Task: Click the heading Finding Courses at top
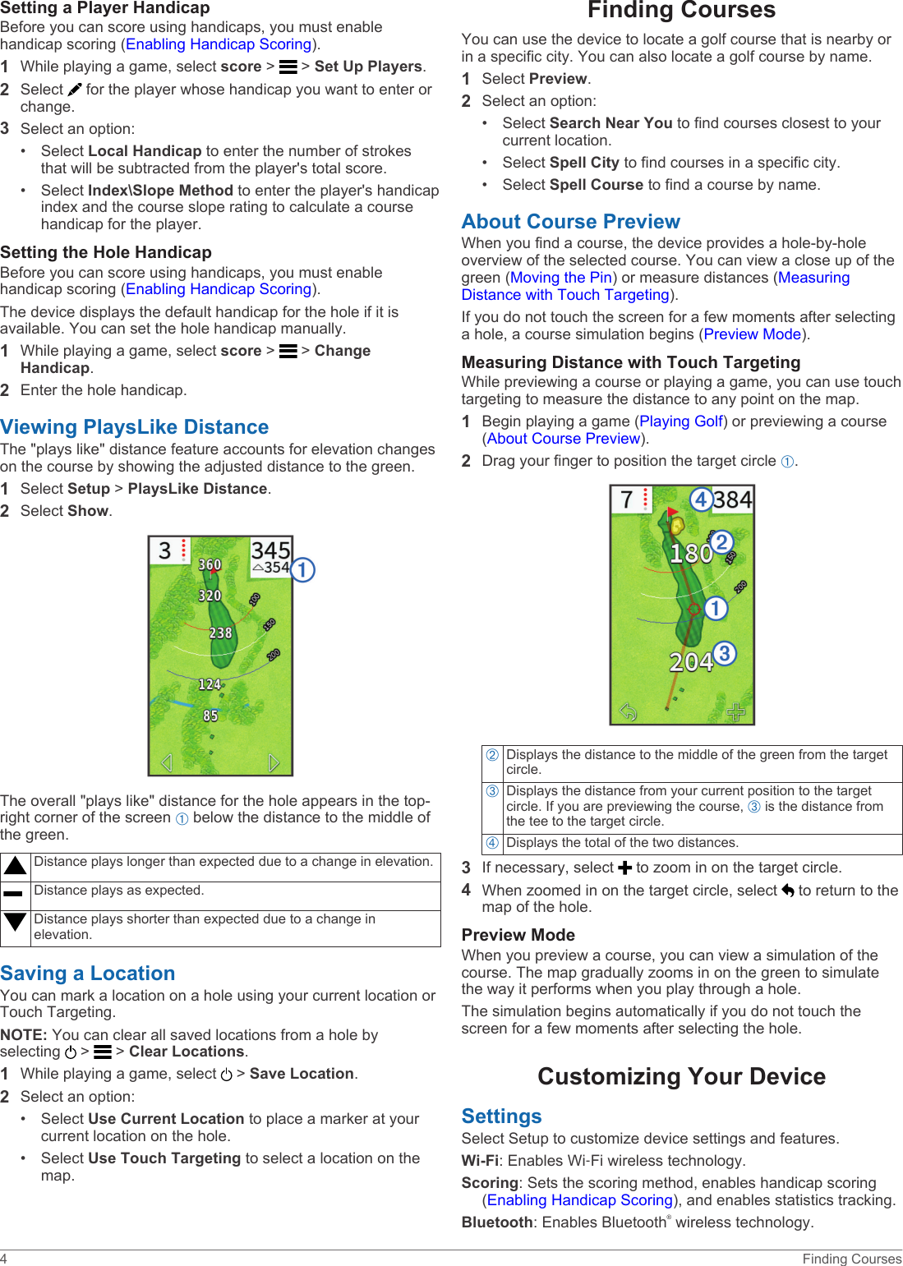click(681, 11)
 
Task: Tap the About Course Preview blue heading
click(570, 222)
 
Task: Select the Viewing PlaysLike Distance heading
click(135, 427)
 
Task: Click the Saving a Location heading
click(88, 974)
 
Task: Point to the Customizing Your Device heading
click(681, 1076)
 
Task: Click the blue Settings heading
click(501, 1116)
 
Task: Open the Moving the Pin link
click(561, 278)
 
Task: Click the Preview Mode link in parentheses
click(752, 334)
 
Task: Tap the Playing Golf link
click(681, 421)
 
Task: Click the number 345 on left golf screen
click(270, 550)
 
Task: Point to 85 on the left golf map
click(210, 716)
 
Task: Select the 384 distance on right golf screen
click(732, 499)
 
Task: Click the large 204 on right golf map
click(690, 662)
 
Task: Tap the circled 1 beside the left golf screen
click(302, 569)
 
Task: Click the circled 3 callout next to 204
click(724, 653)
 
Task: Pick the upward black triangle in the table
click(15, 865)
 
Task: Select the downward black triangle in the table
click(15, 922)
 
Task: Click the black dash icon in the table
click(13, 893)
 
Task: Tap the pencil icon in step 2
click(75, 90)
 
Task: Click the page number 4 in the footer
click(4, 1259)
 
